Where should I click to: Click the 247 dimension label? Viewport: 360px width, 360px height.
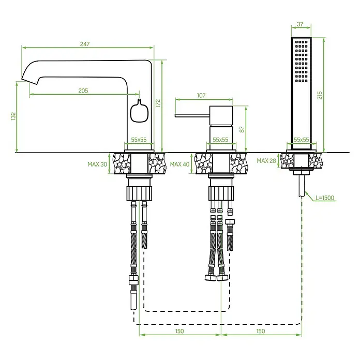coord(85,44)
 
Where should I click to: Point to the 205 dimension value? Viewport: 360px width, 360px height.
coord(83,91)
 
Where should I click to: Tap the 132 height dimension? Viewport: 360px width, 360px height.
coord(13,116)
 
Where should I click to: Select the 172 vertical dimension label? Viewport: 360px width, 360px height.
coord(158,103)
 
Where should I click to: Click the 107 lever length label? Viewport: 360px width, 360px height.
coord(201,95)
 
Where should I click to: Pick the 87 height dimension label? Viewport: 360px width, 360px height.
coord(242,129)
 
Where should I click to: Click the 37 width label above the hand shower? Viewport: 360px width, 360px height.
coord(300,24)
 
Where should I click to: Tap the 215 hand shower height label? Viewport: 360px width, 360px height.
coord(320,95)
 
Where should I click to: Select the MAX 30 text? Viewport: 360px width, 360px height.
coord(97,164)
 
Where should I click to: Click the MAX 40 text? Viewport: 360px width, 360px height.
coord(180,164)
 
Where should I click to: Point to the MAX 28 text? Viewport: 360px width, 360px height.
coord(266,161)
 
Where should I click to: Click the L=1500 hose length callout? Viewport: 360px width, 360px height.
coord(325,198)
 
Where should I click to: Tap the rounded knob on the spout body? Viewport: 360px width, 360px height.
coord(139,112)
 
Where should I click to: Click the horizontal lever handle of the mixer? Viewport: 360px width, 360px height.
coord(192,115)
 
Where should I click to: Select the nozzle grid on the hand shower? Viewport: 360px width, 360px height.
coord(301,62)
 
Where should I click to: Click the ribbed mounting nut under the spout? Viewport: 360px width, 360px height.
coord(139,193)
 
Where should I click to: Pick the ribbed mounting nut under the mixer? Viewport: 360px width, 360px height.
coord(221,193)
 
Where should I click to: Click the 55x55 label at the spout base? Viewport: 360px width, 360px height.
coord(139,140)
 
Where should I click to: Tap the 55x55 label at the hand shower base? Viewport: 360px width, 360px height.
coord(301,140)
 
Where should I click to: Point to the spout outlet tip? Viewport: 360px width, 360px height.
coord(29,82)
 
